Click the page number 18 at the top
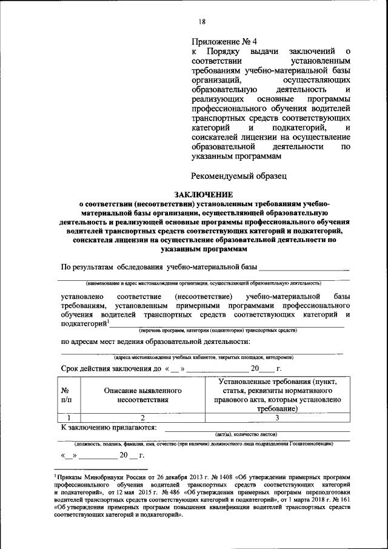(x=202, y=22)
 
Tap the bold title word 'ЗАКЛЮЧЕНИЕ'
(x=204, y=194)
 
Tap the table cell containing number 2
(x=143, y=417)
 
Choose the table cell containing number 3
(x=276, y=417)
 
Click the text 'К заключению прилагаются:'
(x=109, y=427)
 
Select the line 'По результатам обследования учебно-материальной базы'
(x=159, y=267)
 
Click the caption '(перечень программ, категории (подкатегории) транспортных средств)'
(x=217, y=331)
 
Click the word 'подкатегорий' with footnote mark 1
(x=83, y=324)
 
